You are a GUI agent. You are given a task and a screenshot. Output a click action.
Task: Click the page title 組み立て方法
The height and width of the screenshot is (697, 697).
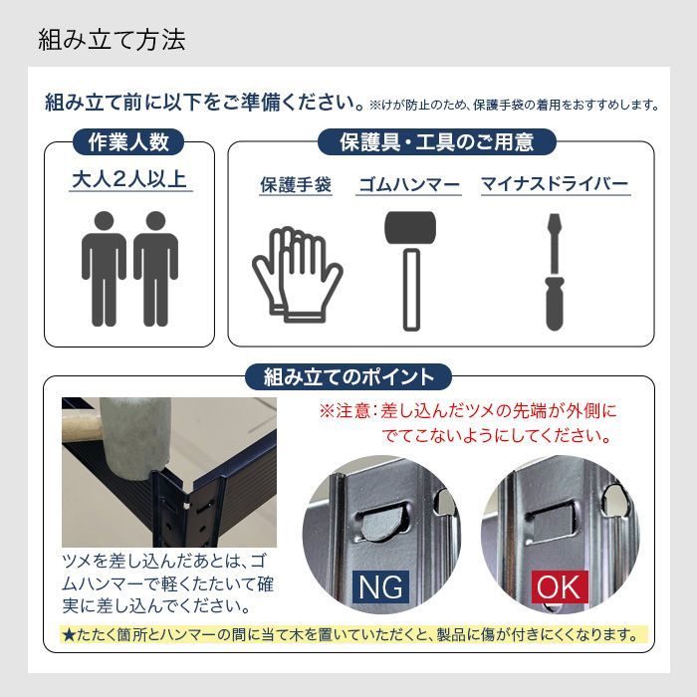(x=112, y=40)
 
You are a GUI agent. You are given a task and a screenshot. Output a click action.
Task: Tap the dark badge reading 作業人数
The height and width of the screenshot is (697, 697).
(x=129, y=141)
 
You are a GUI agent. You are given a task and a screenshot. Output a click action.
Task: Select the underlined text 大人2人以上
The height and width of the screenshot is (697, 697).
(x=130, y=180)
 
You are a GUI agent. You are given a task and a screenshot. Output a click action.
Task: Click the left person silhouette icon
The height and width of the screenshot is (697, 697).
(x=104, y=268)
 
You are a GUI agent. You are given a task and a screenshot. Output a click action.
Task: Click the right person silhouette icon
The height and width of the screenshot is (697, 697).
(x=156, y=268)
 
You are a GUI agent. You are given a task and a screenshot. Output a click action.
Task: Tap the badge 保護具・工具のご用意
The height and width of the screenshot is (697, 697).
(x=437, y=141)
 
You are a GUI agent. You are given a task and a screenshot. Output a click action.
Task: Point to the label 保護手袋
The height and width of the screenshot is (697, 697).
(x=295, y=185)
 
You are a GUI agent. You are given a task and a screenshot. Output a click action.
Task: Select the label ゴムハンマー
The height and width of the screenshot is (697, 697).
(x=408, y=185)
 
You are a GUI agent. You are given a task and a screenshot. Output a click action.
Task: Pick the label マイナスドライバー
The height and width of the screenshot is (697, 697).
(x=555, y=185)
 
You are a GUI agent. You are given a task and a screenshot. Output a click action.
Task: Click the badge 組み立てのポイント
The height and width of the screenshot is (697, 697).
(x=348, y=377)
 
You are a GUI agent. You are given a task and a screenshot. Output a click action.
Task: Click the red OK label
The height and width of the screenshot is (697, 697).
(x=558, y=586)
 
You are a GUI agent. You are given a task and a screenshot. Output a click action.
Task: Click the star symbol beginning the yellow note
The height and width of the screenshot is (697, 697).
(x=69, y=634)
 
